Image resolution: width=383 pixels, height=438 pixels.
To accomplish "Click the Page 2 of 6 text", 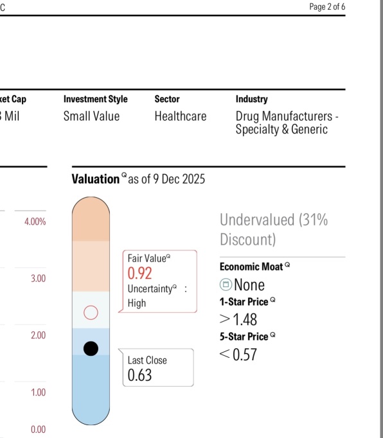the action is [327, 6].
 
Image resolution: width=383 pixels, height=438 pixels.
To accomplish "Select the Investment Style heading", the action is [95, 99].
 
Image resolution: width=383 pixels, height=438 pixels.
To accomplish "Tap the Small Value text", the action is [91, 116].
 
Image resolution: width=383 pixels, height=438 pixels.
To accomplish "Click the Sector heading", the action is [167, 99].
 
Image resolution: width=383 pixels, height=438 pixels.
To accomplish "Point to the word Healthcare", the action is [181, 116].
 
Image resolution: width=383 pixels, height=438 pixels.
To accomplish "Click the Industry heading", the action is [252, 99].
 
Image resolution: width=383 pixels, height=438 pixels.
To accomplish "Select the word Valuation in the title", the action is [96, 179].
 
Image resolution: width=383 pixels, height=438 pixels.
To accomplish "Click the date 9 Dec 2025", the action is [179, 179].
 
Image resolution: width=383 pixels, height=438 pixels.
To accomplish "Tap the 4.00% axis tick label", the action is [35, 222].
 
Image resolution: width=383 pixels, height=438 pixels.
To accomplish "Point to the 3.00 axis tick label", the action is [39, 279].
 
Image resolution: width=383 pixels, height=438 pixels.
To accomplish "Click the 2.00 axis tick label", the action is [39, 335].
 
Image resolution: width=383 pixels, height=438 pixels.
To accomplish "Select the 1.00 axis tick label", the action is [39, 392].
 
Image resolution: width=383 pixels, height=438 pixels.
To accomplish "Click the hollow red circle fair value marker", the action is [91, 306].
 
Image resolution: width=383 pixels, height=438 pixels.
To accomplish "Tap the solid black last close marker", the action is [91, 349].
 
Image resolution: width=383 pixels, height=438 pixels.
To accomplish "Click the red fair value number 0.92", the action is [140, 273].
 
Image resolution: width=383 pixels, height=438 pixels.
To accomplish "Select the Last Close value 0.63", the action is [140, 375].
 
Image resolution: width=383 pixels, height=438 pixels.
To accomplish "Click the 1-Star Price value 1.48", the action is [245, 320].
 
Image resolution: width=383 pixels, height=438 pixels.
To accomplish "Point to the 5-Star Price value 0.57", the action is [245, 355].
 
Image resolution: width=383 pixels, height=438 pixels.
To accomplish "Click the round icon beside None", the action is [226, 285].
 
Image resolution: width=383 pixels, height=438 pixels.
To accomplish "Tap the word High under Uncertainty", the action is [137, 303].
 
